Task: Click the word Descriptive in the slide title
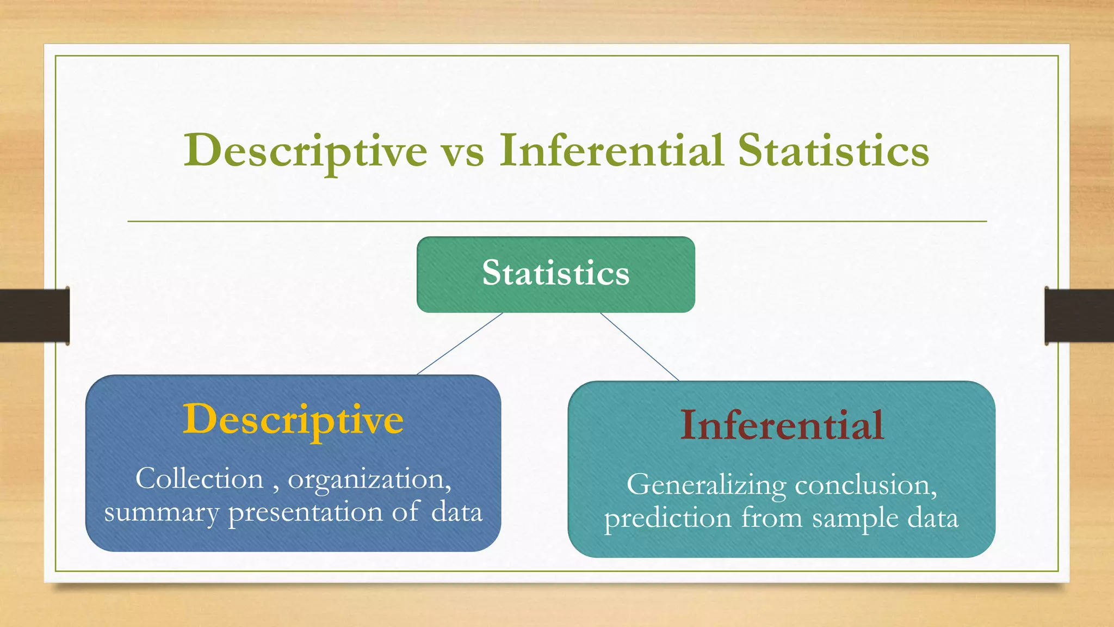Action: coord(305,151)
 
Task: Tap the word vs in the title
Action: coord(463,152)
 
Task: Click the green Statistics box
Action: coord(555,274)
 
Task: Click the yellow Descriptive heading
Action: coord(293,420)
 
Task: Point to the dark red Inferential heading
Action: coord(782,425)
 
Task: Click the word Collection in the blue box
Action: coord(199,479)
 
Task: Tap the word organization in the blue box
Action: coord(368,480)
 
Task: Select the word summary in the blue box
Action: coord(161,513)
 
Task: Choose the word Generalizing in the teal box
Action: coord(706,485)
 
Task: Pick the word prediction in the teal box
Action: coord(667,518)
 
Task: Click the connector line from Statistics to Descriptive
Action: coord(460,343)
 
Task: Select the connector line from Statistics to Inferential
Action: coord(640,347)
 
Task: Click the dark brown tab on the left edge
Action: coord(34,316)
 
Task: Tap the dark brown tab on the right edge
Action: coord(1079,316)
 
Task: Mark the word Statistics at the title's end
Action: coord(833,151)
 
